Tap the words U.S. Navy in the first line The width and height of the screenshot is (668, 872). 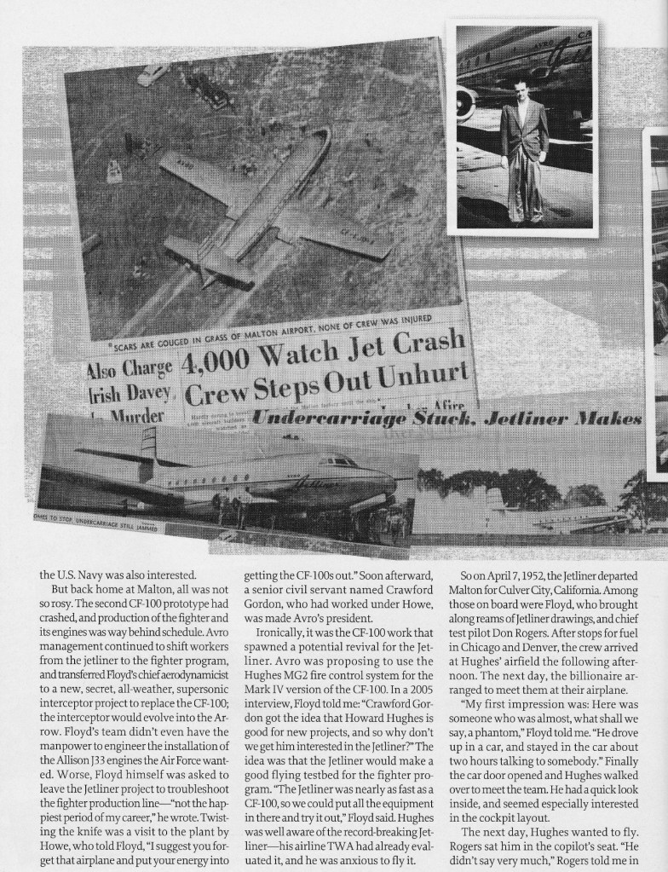tap(83, 575)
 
